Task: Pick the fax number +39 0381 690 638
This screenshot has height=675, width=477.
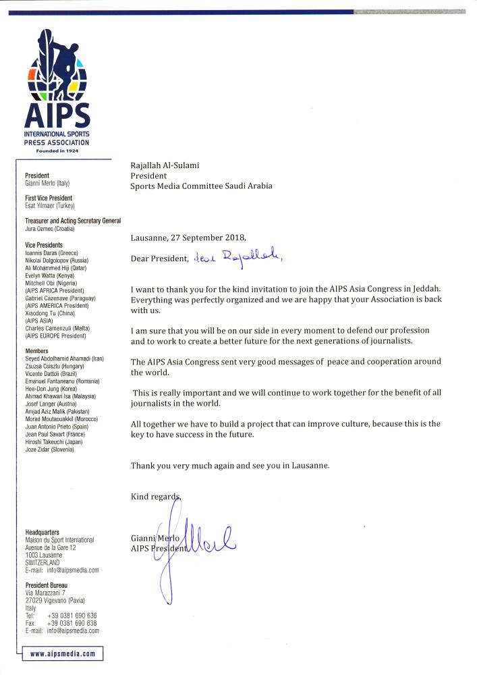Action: [x=72, y=623]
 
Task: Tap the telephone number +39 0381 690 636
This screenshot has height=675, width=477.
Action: [x=72, y=616]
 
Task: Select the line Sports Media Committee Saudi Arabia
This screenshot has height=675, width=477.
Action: [x=201, y=186]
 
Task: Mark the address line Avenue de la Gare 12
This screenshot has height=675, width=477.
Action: [x=55, y=547]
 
